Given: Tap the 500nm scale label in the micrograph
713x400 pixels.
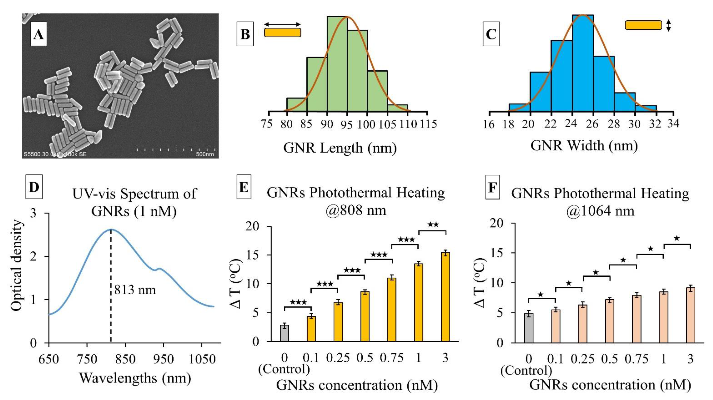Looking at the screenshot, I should click(205, 154).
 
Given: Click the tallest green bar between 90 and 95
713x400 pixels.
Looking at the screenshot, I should click(337, 64).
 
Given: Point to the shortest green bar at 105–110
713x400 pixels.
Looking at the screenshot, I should click(397, 108).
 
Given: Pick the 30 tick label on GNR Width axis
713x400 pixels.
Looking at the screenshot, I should click(634, 124).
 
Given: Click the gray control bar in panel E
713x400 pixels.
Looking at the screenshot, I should click(285, 333).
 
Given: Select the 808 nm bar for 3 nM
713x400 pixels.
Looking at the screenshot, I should click(445, 297).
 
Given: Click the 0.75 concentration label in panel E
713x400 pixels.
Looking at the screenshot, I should click(392, 358).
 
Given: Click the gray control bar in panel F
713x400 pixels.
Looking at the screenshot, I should click(529, 328).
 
